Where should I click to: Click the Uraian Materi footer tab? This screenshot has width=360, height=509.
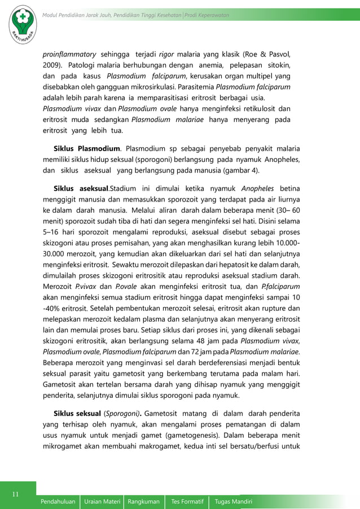tap(103, 501)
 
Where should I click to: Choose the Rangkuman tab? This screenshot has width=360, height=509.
tap(144, 501)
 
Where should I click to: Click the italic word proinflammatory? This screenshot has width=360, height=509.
tap(69, 54)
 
